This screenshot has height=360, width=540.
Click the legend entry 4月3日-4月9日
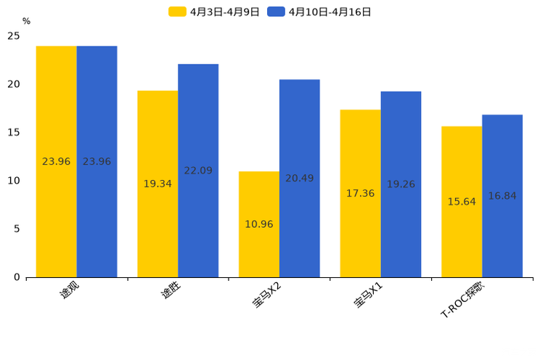214,12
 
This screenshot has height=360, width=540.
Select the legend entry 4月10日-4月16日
319,12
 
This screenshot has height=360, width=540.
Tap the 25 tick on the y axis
14,36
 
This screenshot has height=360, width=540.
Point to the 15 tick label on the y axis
14,132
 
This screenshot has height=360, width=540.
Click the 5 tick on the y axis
17,229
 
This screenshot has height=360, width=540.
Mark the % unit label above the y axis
26,21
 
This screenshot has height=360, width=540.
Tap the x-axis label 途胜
171,291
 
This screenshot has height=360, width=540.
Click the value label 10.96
259,224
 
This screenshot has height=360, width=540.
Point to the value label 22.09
198,171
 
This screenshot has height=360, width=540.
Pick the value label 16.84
502,196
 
